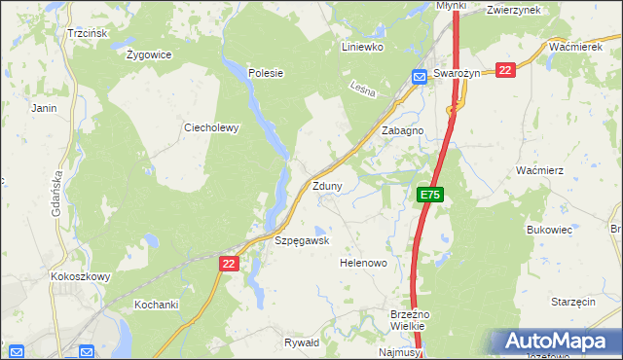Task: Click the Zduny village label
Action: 326,186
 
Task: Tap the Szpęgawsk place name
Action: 302,240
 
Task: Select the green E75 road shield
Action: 431,196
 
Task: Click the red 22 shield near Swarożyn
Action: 504,70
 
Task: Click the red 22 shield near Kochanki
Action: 229,264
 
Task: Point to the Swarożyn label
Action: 460,74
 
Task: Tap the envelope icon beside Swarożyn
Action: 420,77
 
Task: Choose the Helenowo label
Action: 363,264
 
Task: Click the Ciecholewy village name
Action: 211,127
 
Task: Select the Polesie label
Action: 265,73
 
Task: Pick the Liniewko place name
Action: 362,47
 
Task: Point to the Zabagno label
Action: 402,130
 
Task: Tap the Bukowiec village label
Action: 548,230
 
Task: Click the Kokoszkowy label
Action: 80,276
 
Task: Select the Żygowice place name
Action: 149,54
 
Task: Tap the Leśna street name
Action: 364,92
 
